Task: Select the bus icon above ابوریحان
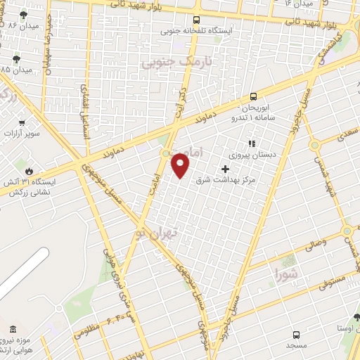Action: (x=253, y=96)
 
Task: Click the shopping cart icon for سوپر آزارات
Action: (x=22, y=122)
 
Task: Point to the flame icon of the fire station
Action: (x=28, y=171)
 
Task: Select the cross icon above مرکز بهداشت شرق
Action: (x=225, y=169)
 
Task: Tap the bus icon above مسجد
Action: (x=295, y=335)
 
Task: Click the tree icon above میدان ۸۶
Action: (x=25, y=14)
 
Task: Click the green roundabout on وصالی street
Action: (x=346, y=231)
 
